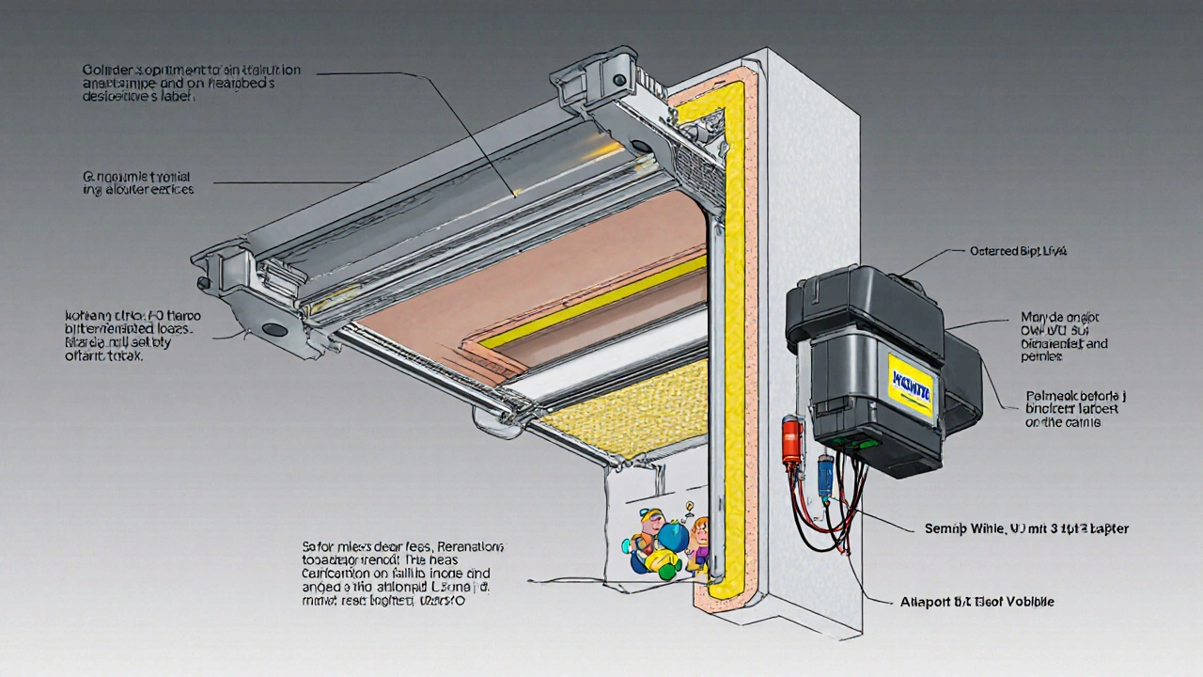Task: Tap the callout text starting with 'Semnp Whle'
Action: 1021,528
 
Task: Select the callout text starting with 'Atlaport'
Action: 989,602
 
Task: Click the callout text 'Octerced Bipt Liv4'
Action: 1020,252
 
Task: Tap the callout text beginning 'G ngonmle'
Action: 137,182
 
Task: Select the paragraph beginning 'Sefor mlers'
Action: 402,573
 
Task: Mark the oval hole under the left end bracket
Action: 274,329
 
